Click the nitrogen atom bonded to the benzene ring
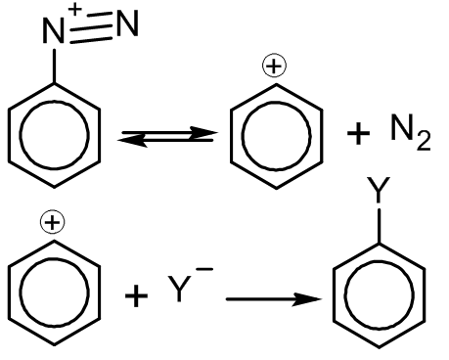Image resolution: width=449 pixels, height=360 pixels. coord(53,31)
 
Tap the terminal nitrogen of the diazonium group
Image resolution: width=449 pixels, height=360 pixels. coord(127,22)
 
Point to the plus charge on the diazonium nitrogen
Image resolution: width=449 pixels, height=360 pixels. coord(75,9)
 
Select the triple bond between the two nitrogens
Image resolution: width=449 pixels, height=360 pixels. coord(91,28)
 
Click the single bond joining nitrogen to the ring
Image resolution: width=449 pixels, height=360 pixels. coord(54,67)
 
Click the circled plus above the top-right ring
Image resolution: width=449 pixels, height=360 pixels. coord(274,66)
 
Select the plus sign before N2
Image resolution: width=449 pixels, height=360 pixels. coord(358,133)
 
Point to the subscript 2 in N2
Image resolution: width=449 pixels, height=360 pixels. coord(424,141)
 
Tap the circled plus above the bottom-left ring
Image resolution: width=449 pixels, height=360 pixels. coord(52,222)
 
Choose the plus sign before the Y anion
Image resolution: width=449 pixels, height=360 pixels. coord(136,295)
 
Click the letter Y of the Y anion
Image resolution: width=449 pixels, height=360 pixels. coord(179,289)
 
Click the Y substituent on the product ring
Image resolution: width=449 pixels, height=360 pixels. coord(379,190)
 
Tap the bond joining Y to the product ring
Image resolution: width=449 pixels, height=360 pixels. coord(379,226)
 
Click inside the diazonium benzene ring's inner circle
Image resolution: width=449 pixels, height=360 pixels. coord(54,135)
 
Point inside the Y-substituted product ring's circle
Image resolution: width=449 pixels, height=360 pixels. coord(379,295)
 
